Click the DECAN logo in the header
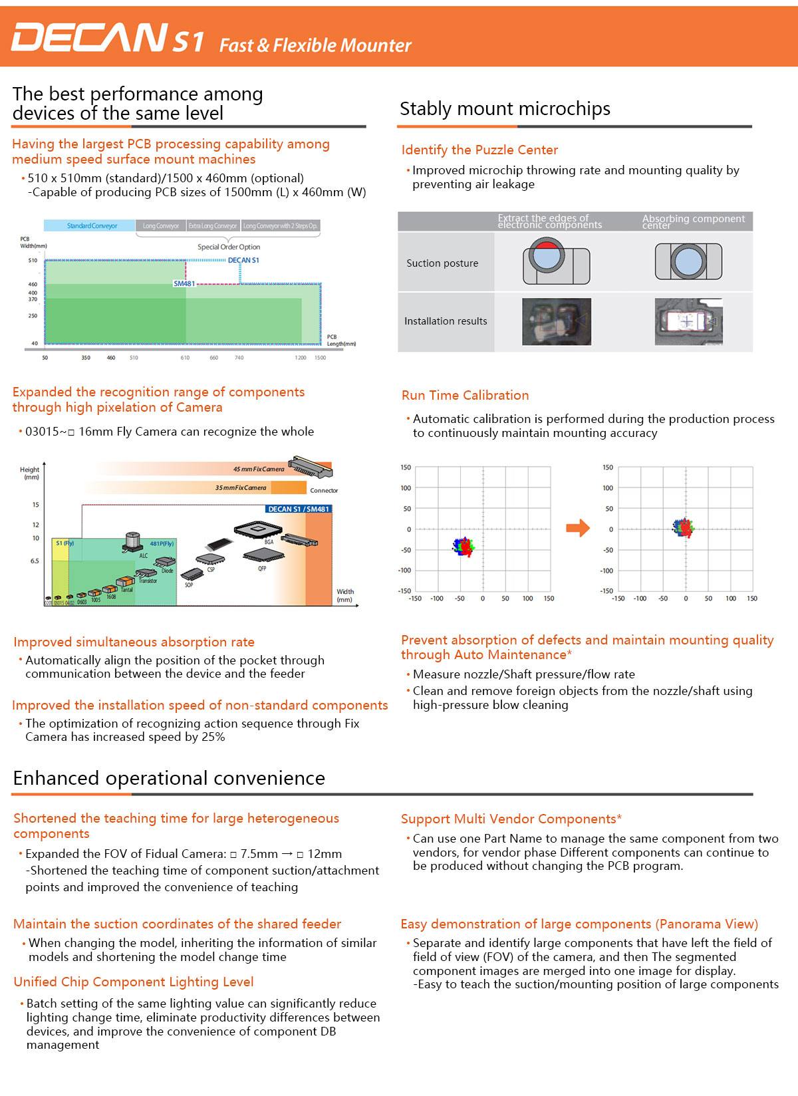pyautogui.click(x=90, y=37)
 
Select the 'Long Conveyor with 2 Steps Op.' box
pyautogui.click(x=280, y=225)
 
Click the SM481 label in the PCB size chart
pyautogui.click(x=184, y=283)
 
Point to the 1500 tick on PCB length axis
pyautogui.click(x=320, y=358)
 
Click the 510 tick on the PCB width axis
pyautogui.click(x=33, y=260)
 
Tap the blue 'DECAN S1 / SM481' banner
pyautogui.click(x=299, y=509)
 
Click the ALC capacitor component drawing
pyautogui.click(x=133, y=542)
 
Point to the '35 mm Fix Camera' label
pyautogui.click(x=240, y=487)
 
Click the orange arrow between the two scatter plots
pyautogui.click(x=578, y=528)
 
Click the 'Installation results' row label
pyautogui.click(x=446, y=321)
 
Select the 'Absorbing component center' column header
pyautogui.click(x=693, y=221)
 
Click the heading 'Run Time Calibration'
pyautogui.click(x=465, y=395)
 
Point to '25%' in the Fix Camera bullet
pyautogui.click(x=213, y=737)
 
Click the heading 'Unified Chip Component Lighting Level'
pyautogui.click(x=134, y=982)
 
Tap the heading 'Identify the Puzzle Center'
pyautogui.click(x=479, y=150)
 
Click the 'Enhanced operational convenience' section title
pyautogui.click(x=169, y=778)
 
